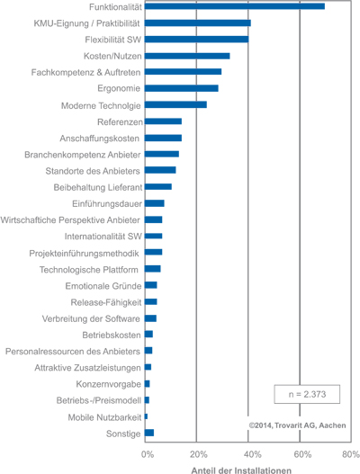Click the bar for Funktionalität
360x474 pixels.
pos(235,6)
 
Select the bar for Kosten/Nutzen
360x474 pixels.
pos(187,56)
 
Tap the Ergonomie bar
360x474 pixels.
pos(182,88)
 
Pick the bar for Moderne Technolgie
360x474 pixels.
pos(175,104)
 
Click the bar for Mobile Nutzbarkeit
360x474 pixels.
pos(146,416)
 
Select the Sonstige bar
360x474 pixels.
pos(149,433)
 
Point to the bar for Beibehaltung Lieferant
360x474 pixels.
pos(158,186)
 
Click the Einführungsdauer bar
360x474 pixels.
pos(155,203)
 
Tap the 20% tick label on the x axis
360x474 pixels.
pos(199,454)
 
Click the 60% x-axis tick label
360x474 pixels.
pos(302,454)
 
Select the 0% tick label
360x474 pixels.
pos(148,454)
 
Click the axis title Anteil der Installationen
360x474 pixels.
pos(241,470)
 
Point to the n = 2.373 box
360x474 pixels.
pos(307,394)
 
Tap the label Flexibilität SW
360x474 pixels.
pos(112,40)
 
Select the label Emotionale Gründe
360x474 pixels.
pos(103,286)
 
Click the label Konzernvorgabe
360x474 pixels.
pos(108,384)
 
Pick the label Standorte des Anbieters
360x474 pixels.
pos(93,171)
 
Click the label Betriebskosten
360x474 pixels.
pos(112,335)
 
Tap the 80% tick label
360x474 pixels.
pos(351,454)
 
